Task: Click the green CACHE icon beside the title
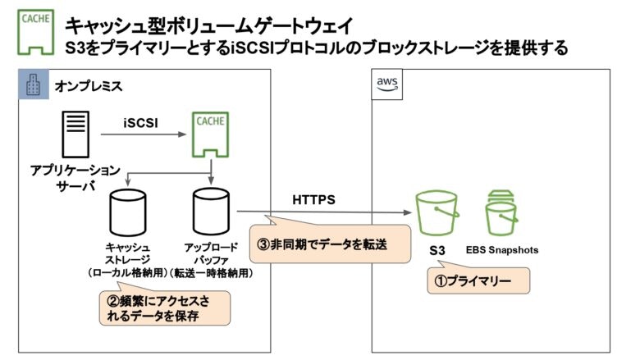click(x=32, y=32)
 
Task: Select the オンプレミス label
click(x=85, y=85)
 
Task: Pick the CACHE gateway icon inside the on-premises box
click(x=211, y=136)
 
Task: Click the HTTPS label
click(x=313, y=199)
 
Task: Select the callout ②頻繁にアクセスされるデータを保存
click(x=164, y=307)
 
